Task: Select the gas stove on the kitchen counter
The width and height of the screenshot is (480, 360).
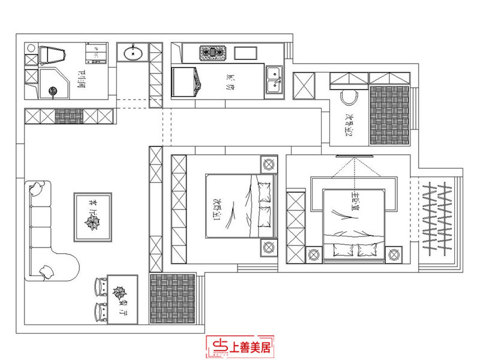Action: (212, 53)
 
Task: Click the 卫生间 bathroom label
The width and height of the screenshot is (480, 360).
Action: (83, 77)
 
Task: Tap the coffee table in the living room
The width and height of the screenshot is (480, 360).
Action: (92, 217)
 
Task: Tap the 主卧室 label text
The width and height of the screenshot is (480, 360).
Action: (354, 197)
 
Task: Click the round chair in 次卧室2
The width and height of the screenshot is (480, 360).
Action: (348, 98)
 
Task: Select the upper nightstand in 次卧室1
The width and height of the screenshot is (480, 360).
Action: (268, 163)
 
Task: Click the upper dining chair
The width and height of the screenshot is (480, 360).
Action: (99, 289)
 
